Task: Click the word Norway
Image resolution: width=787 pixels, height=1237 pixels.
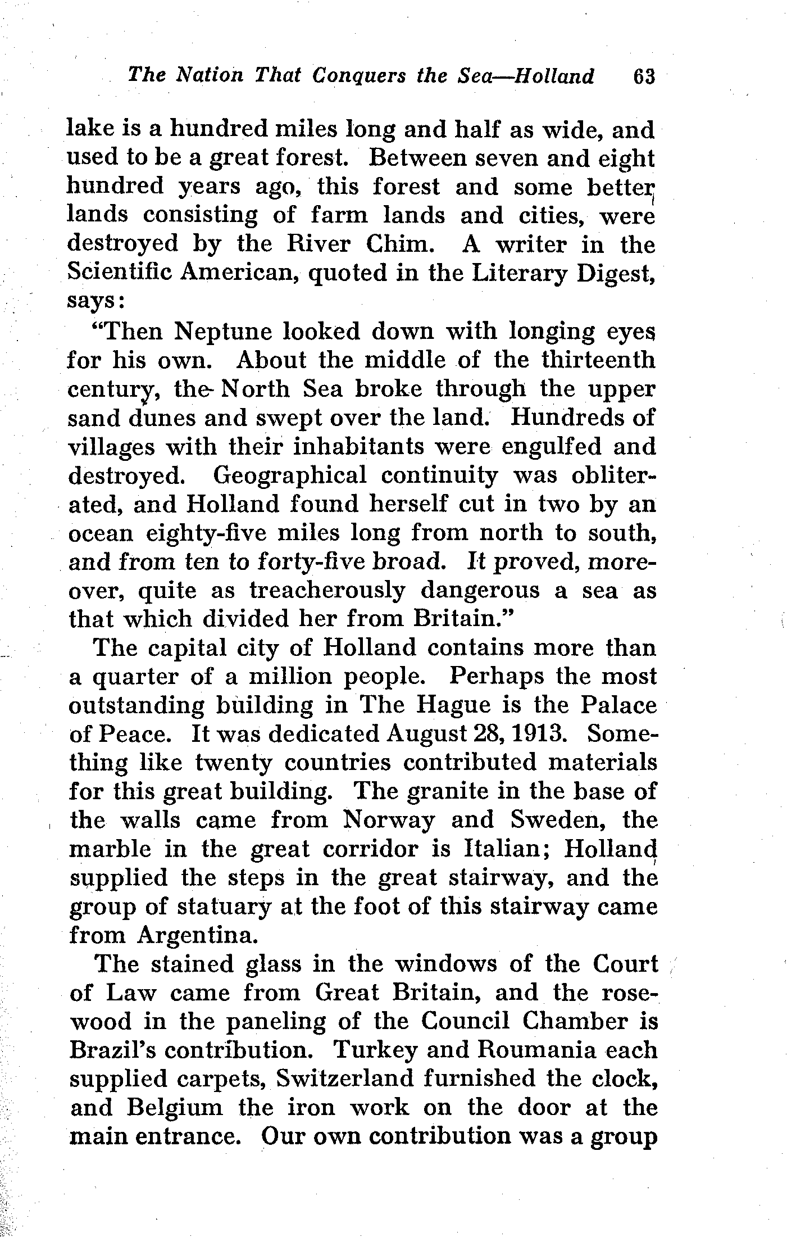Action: [389, 821]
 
